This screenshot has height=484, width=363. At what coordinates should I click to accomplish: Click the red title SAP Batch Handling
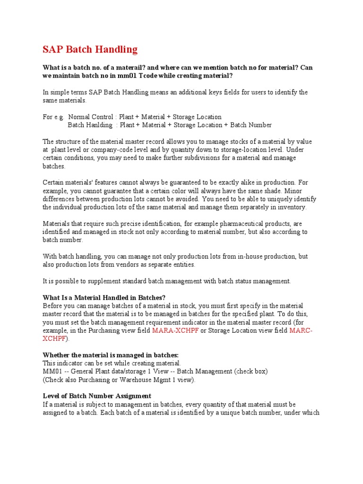[90, 50]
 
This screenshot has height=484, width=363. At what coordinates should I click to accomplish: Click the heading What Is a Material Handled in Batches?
[104, 298]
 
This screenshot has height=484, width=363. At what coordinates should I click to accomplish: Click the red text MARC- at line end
[301, 330]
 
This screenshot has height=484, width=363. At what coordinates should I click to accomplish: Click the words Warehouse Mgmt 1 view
[157, 380]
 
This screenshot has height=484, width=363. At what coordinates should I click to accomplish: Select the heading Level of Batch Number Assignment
[97, 396]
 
